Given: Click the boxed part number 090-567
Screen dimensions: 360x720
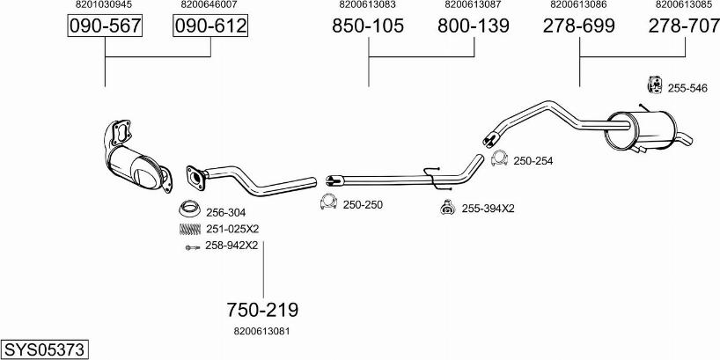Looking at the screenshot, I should (105, 27).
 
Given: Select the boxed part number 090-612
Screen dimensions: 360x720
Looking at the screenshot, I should (210, 27).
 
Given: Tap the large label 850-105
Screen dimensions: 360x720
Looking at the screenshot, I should (368, 27).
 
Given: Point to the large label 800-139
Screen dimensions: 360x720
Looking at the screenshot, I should (474, 27).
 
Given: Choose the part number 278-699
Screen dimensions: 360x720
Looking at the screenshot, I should (578, 27).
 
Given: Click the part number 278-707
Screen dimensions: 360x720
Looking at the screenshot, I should (684, 27).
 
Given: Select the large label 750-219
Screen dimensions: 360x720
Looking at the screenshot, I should (262, 310).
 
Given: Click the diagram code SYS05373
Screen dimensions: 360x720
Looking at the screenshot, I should (44, 349).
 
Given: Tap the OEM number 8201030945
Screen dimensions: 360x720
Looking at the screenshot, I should (105, 5).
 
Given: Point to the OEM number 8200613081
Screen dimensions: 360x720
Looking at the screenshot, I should (262, 331).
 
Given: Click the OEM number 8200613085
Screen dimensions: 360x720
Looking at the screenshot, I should (684, 5).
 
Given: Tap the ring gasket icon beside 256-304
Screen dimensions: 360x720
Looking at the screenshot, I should (187, 211).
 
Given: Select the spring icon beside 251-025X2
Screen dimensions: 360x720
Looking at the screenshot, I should (188, 229).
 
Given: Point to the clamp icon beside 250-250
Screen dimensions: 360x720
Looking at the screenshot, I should (328, 203).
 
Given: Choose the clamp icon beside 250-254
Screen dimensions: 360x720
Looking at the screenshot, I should (498, 159).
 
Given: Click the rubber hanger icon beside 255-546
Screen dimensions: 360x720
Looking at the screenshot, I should (654, 86).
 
